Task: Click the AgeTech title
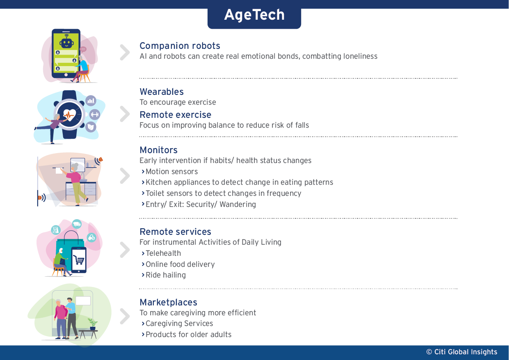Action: click(254, 15)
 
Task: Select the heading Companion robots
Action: click(180, 46)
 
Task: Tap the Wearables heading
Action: click(162, 92)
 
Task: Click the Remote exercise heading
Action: click(176, 115)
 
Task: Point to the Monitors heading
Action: click(159, 150)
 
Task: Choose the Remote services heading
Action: click(176, 232)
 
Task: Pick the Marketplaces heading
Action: click(169, 303)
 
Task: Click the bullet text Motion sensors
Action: click(171, 172)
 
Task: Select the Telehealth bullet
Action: click(163, 253)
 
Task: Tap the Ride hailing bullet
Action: click(166, 275)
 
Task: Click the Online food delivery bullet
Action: click(180, 264)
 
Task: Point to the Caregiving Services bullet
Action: click(179, 323)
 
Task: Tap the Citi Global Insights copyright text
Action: click(462, 352)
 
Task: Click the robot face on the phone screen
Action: click(66, 43)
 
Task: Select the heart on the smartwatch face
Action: click(69, 115)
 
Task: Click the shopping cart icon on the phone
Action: click(79, 259)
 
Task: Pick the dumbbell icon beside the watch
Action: click(94, 115)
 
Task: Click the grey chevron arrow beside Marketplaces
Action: click(125, 316)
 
